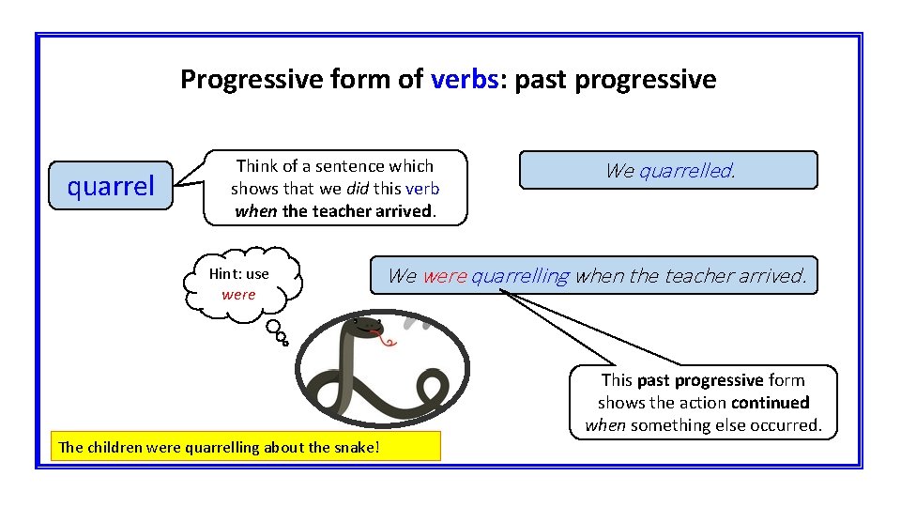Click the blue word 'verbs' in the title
[x=464, y=80]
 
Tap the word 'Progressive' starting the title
[x=237, y=80]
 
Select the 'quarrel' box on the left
[x=110, y=186]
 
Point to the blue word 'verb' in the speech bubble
[x=422, y=189]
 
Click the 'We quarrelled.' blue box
[x=668, y=171]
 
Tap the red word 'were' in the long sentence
[x=444, y=276]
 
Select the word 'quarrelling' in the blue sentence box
[x=520, y=276]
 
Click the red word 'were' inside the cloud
[x=238, y=294]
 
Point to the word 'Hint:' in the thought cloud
[x=225, y=274]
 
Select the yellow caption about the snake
[x=245, y=447]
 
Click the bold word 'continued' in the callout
[x=771, y=403]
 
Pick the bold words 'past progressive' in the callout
[x=699, y=380]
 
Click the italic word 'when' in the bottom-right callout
[x=605, y=425]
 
